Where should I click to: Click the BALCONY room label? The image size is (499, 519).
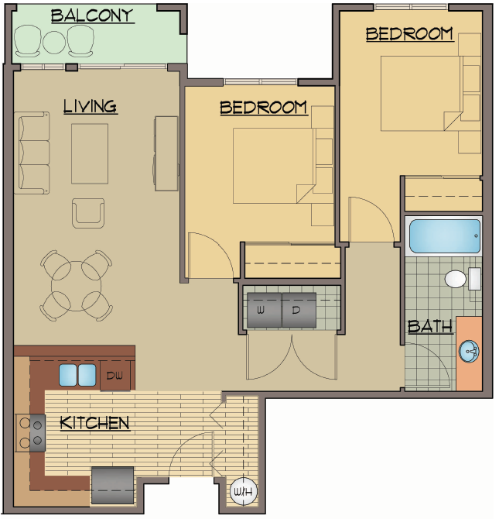click(92, 15)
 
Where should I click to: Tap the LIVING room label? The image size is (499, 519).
click(90, 106)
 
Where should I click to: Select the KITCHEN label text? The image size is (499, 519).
click(94, 423)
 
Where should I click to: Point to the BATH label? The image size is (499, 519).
click(430, 326)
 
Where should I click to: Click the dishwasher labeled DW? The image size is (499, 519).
click(115, 376)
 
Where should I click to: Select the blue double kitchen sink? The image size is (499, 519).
click(77, 375)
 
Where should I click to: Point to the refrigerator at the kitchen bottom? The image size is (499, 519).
click(113, 485)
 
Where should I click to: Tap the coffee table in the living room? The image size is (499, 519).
click(91, 153)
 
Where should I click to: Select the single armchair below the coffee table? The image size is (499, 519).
click(88, 212)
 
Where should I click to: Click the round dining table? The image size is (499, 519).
click(75, 285)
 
